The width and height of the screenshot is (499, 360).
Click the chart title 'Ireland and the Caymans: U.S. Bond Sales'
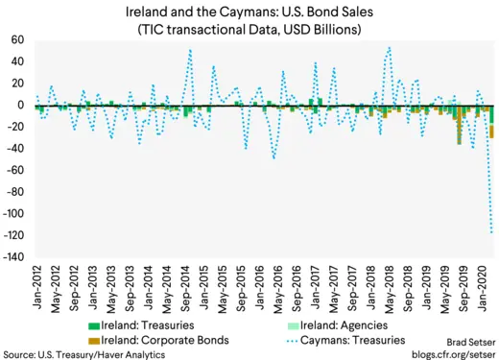249,12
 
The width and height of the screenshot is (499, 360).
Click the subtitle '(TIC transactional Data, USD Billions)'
249,29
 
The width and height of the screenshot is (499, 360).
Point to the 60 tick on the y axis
17,40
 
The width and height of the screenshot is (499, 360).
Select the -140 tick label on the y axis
13,257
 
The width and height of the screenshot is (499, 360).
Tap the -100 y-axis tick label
13,214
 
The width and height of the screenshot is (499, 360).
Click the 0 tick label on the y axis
21,105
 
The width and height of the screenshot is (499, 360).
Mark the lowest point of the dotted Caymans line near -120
492,232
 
